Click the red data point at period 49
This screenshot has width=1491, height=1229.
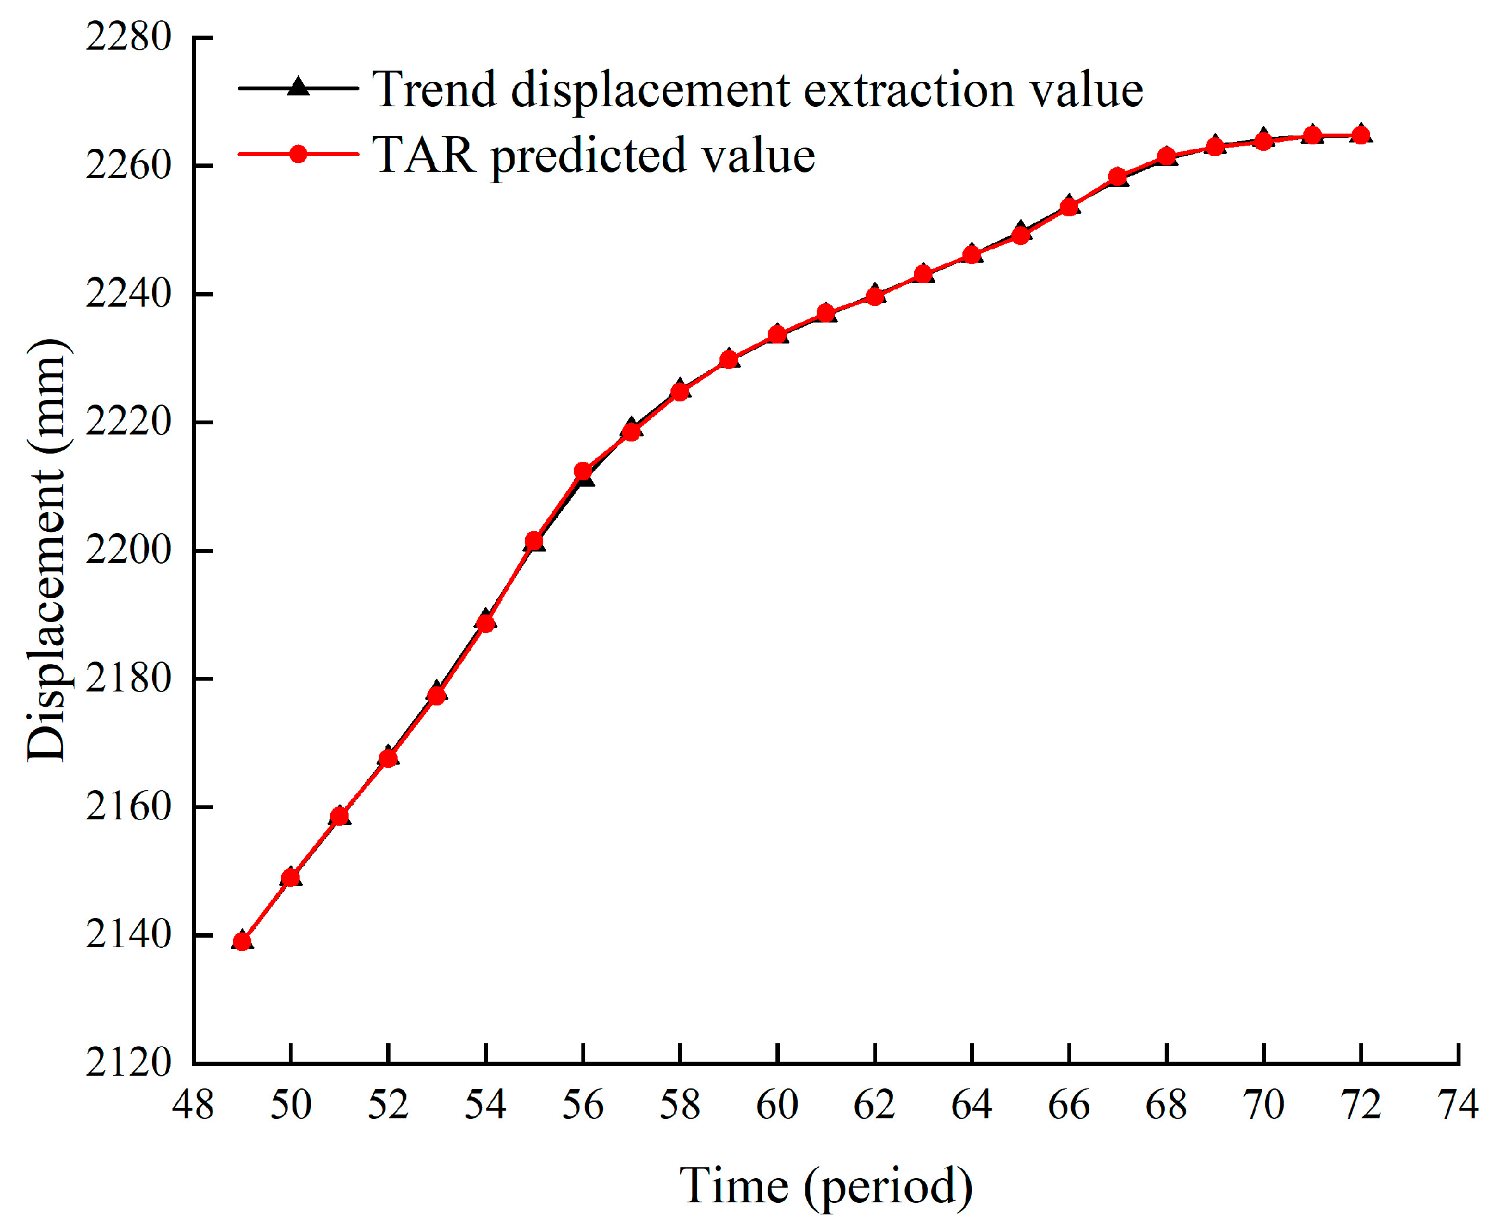242,941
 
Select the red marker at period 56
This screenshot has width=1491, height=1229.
583,471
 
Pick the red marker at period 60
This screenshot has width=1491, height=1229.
777,334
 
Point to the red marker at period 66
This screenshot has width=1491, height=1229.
1069,207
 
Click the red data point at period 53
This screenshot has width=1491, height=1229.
437,695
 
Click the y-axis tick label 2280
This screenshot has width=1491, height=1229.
128,37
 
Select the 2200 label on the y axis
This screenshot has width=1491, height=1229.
128,550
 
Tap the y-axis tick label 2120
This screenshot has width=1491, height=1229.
128,1062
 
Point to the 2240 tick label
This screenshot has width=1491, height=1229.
128,293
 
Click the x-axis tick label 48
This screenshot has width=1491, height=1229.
193,1105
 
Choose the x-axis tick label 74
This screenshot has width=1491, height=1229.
1459,1105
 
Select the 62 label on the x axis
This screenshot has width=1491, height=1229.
875,1105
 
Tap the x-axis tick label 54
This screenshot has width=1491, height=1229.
485,1105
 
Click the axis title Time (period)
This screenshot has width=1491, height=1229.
826,1186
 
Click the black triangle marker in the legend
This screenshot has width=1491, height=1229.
298,87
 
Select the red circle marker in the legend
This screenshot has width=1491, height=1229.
298,154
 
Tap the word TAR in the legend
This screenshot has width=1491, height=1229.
424,155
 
